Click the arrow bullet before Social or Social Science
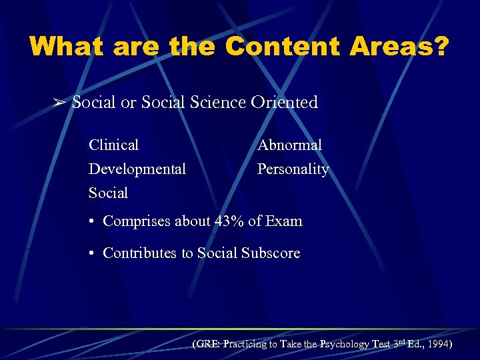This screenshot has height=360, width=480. point(59,103)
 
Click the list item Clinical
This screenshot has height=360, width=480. point(113,145)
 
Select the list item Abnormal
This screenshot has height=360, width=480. point(289,145)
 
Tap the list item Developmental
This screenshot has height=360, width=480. point(137,169)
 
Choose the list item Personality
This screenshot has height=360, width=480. point(293,169)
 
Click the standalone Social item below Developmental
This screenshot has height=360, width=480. point(108,193)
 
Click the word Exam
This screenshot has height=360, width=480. point(284,221)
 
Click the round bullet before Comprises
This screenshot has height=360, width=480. point(93,221)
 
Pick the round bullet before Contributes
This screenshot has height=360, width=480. point(93,254)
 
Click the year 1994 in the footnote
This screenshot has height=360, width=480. point(438,345)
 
